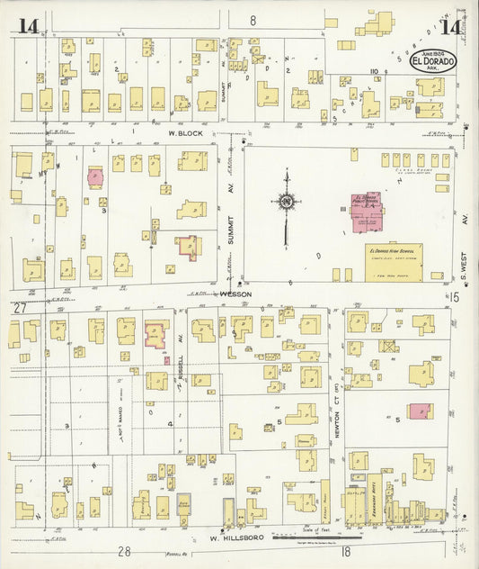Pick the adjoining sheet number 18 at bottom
pyautogui.click(x=344, y=550)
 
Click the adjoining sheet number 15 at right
pyautogui.click(x=456, y=296)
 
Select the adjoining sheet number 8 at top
pyautogui.click(x=253, y=20)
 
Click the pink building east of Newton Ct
pyautogui.click(x=420, y=411)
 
